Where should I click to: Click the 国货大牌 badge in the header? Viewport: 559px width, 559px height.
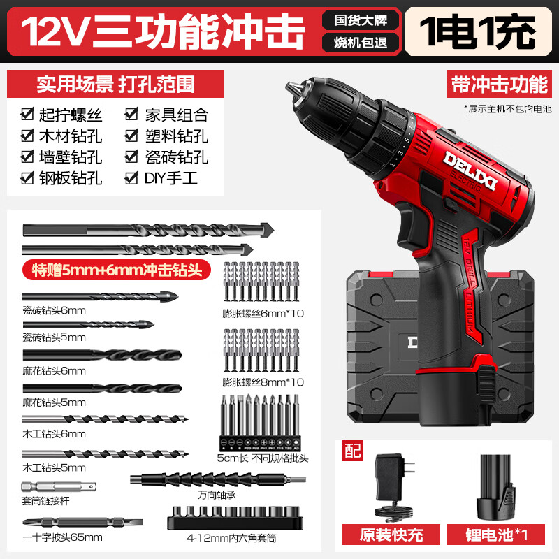point(360,19)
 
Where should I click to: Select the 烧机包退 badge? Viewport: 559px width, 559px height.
point(360,42)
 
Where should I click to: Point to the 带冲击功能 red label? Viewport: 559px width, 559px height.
point(498,84)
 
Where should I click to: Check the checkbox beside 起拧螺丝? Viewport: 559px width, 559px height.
point(28,114)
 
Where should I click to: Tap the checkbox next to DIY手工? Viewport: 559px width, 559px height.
point(131,177)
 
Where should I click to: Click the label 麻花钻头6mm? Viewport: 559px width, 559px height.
point(55,370)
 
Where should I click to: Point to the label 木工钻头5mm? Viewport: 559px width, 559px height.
point(55,467)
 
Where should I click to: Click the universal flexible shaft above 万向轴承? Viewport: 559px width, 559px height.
point(217,479)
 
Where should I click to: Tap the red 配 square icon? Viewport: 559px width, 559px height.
point(353,451)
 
